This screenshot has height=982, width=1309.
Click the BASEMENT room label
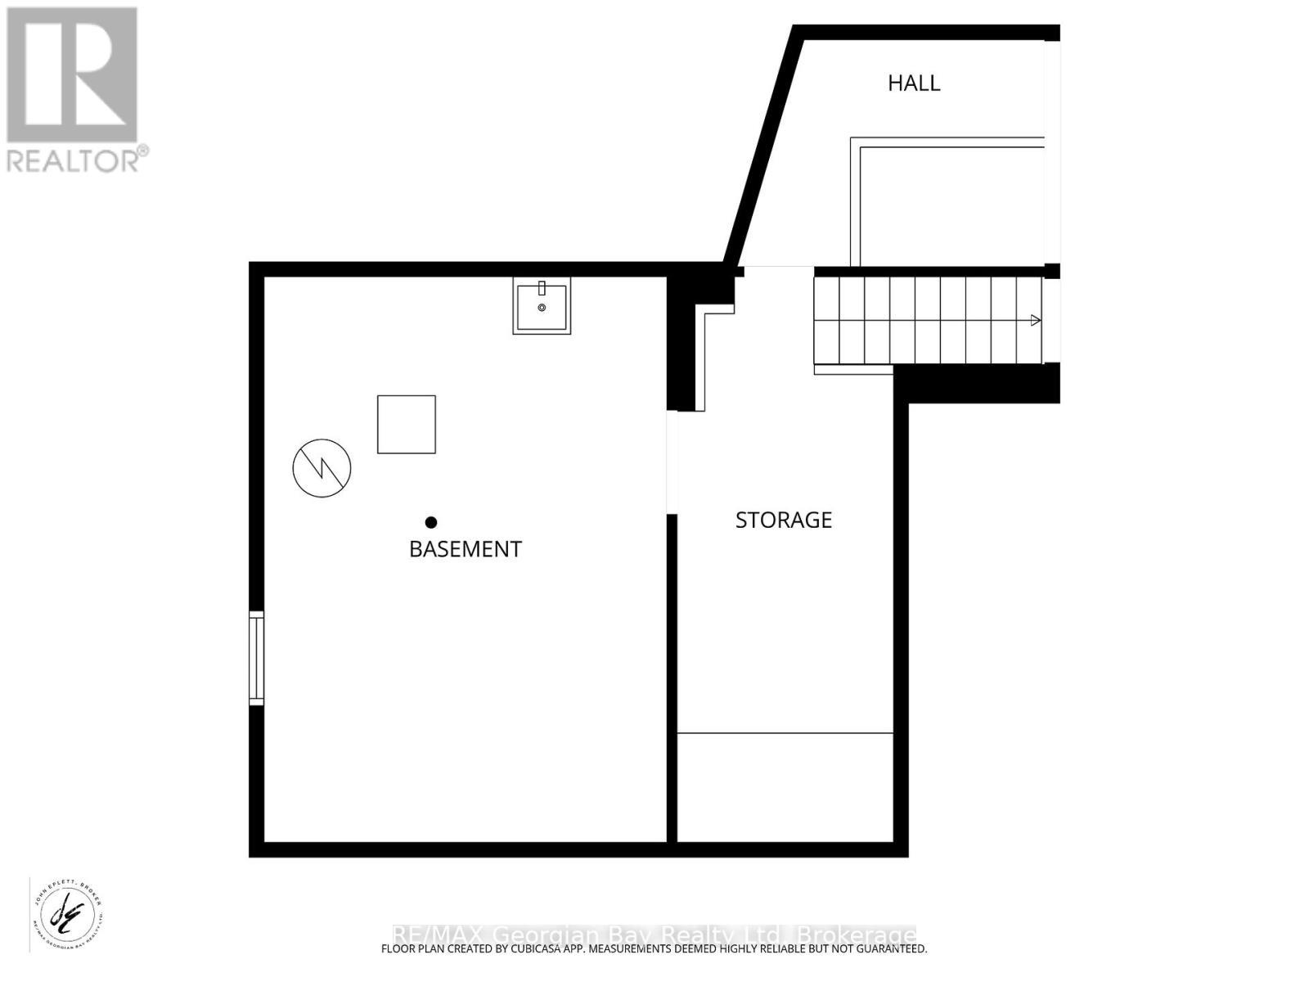(465, 549)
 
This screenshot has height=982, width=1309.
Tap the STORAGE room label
(783, 520)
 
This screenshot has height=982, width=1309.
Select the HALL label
(914, 83)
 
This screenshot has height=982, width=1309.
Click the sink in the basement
(542, 308)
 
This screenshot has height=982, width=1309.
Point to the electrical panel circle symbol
(322, 468)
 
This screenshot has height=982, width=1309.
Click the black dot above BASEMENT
(431, 522)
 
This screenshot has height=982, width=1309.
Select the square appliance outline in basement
(406, 424)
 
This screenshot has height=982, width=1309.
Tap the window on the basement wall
(257, 658)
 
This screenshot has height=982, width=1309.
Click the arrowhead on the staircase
(1036, 320)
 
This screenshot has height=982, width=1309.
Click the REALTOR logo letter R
(72, 75)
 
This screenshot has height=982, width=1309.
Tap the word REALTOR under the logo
(74, 160)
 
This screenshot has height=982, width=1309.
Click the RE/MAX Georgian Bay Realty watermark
(654, 935)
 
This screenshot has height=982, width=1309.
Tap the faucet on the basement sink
(542, 288)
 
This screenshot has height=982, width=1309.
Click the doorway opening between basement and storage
(672, 462)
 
